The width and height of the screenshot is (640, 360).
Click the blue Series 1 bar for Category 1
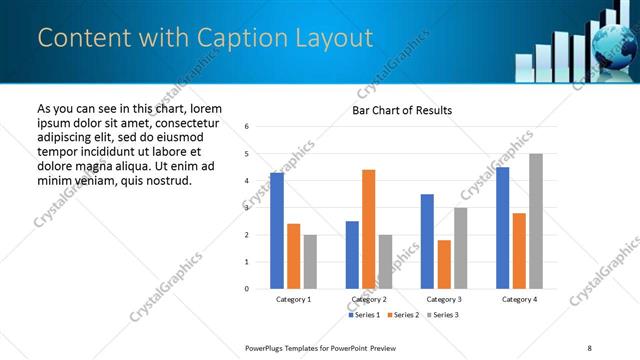click(x=277, y=231)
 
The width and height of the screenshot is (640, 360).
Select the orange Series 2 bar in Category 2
click(x=369, y=229)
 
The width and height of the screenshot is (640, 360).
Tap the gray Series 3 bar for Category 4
click(x=536, y=221)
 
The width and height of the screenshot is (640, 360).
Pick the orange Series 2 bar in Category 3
click(x=444, y=264)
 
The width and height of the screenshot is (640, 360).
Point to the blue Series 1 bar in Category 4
click(x=502, y=228)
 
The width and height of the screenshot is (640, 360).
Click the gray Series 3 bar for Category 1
click(x=310, y=262)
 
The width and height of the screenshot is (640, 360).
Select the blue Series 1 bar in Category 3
click(x=427, y=241)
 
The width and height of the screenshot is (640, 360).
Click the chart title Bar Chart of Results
click(x=402, y=110)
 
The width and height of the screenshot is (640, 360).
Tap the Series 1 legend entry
click(x=364, y=315)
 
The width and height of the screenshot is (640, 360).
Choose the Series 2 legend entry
click(x=403, y=315)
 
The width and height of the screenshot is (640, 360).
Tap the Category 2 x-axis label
click(x=369, y=299)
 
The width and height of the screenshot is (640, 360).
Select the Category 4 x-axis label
click(x=519, y=299)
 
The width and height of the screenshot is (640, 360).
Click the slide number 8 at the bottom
click(x=589, y=346)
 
